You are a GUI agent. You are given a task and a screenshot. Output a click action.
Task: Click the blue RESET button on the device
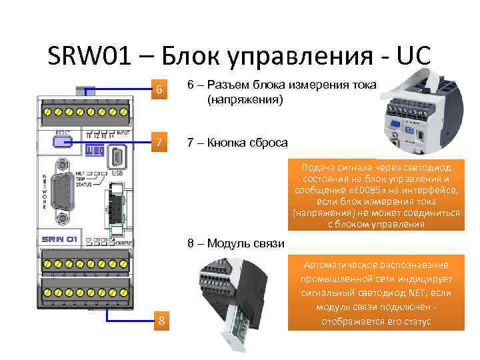tap(63, 141)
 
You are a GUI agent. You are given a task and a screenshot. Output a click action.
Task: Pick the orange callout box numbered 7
tap(158, 143)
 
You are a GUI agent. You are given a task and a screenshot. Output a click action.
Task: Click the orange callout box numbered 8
tap(161, 321)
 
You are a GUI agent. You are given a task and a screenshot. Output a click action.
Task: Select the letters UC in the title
tap(413, 57)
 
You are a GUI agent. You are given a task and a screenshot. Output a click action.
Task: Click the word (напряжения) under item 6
tap(245, 100)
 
